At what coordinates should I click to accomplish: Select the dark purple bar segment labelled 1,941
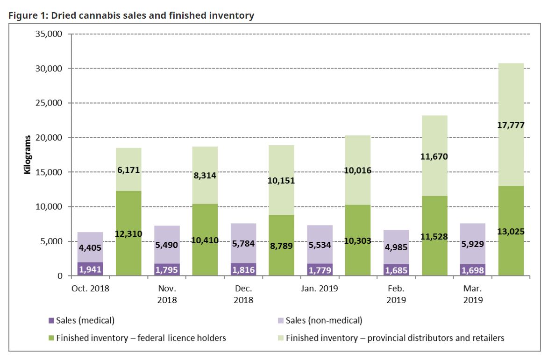tap(90, 269)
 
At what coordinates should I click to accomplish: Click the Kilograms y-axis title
tap(28, 155)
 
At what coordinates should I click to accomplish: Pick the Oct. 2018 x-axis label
tap(90, 288)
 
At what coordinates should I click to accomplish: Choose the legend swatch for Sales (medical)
tap(51, 321)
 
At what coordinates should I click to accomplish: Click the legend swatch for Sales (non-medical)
tap(281, 321)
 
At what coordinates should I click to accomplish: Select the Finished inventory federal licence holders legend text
tap(141, 338)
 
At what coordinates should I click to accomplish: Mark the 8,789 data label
tap(281, 246)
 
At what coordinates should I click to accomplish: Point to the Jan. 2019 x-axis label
tap(319, 288)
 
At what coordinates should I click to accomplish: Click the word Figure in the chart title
tap(21, 15)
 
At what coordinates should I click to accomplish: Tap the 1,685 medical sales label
tap(396, 270)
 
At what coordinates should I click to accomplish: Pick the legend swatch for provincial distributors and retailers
tap(281, 338)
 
